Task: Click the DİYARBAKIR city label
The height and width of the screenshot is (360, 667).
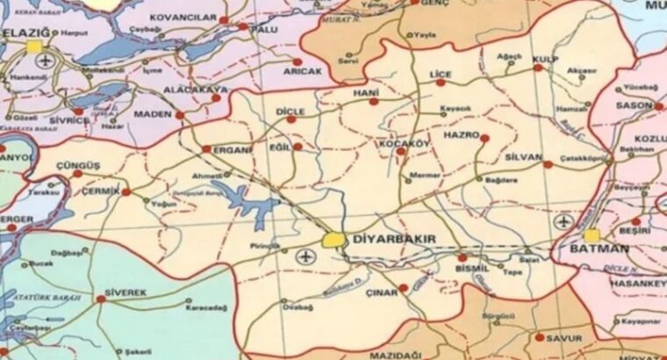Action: (394, 239)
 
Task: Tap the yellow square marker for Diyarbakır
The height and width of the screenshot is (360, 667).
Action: (333, 238)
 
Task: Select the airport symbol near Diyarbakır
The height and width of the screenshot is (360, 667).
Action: (305, 256)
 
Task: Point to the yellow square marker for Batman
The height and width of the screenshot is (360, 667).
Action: (592, 235)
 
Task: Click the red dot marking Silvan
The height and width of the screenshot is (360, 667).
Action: (548, 164)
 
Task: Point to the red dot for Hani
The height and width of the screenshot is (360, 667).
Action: (374, 101)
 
